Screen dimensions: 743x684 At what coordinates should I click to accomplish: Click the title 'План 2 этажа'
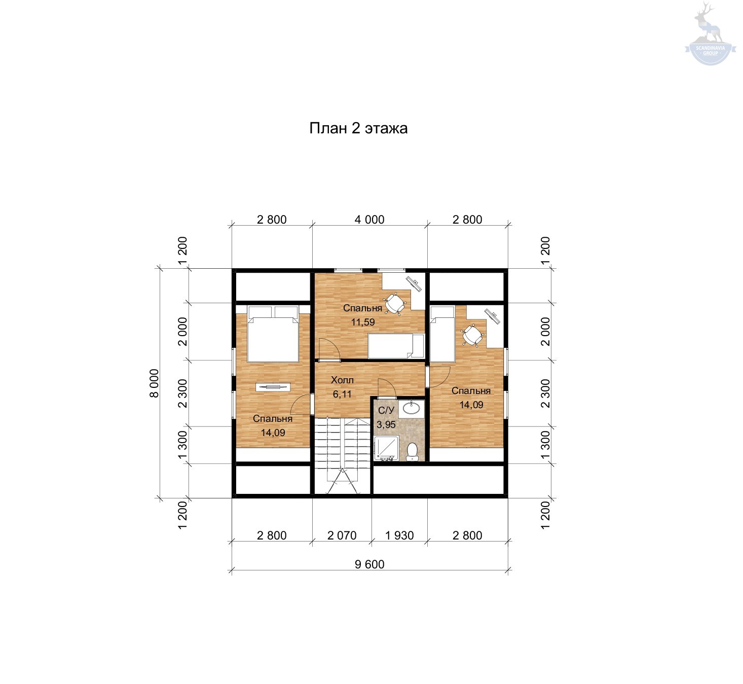point(358,128)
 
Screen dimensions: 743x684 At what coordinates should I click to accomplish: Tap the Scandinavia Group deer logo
point(710,33)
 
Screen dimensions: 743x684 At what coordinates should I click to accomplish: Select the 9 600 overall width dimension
point(369,564)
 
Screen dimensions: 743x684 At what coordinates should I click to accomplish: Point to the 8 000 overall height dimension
point(154,383)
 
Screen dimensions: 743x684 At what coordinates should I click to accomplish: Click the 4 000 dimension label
point(369,220)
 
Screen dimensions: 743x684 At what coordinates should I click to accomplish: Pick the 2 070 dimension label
point(342,535)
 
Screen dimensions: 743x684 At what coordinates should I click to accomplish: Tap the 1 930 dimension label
point(399,535)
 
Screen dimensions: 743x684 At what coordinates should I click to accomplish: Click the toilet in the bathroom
point(412,451)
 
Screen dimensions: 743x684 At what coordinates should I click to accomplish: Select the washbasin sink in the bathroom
point(412,408)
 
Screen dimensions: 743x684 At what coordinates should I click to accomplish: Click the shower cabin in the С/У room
point(386,449)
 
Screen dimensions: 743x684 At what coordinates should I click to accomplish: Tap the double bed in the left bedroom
point(273,334)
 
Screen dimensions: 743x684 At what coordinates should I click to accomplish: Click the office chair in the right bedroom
point(473,335)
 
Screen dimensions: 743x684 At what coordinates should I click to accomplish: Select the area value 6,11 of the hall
point(342,393)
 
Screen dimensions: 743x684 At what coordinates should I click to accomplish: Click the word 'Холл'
point(342,380)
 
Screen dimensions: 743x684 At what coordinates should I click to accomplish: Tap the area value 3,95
point(386,424)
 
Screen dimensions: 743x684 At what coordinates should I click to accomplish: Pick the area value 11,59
point(362,322)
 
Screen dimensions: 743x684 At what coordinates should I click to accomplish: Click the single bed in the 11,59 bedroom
point(396,346)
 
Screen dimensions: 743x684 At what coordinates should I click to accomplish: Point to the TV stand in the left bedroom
point(273,387)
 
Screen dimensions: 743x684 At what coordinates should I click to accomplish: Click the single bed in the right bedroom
point(442,334)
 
